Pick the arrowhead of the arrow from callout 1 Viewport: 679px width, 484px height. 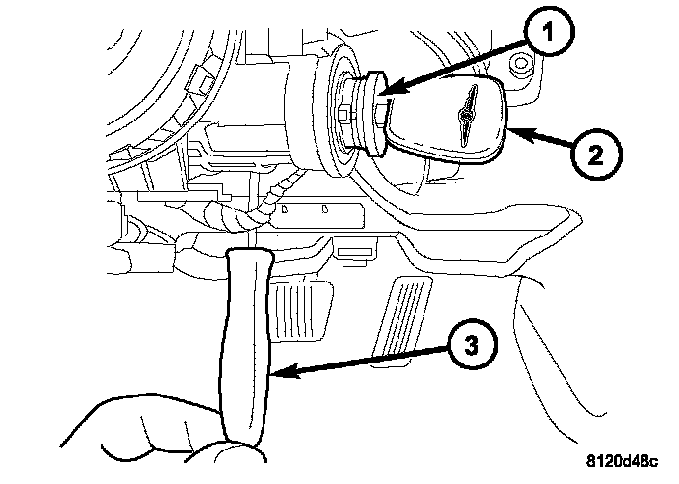(386, 95)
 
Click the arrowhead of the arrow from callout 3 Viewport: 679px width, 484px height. (279, 372)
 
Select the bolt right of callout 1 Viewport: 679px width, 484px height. (521, 67)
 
